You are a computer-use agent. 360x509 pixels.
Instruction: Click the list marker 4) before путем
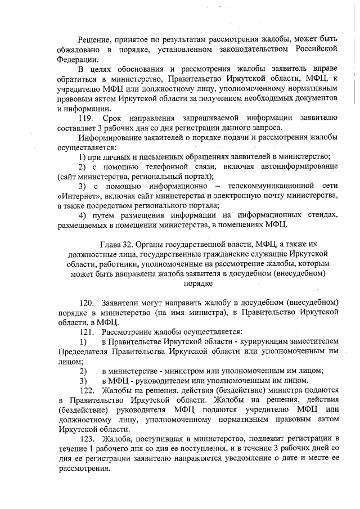point(83,215)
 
